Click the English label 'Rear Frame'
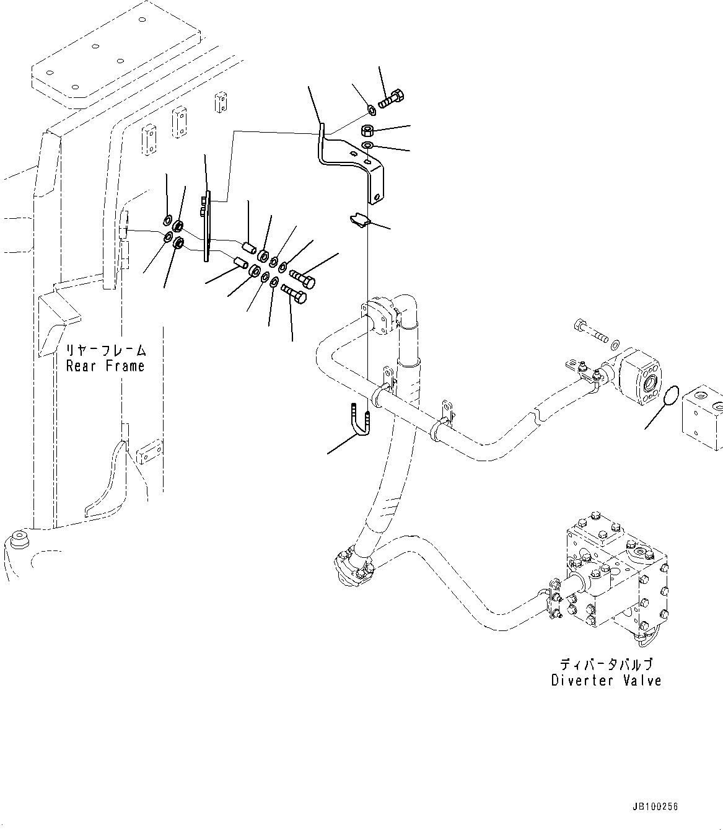105,366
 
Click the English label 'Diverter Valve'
606,681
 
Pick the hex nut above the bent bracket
367,130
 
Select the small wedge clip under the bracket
359,220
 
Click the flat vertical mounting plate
206,226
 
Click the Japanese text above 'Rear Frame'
105,350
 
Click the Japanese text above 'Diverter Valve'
606,664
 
